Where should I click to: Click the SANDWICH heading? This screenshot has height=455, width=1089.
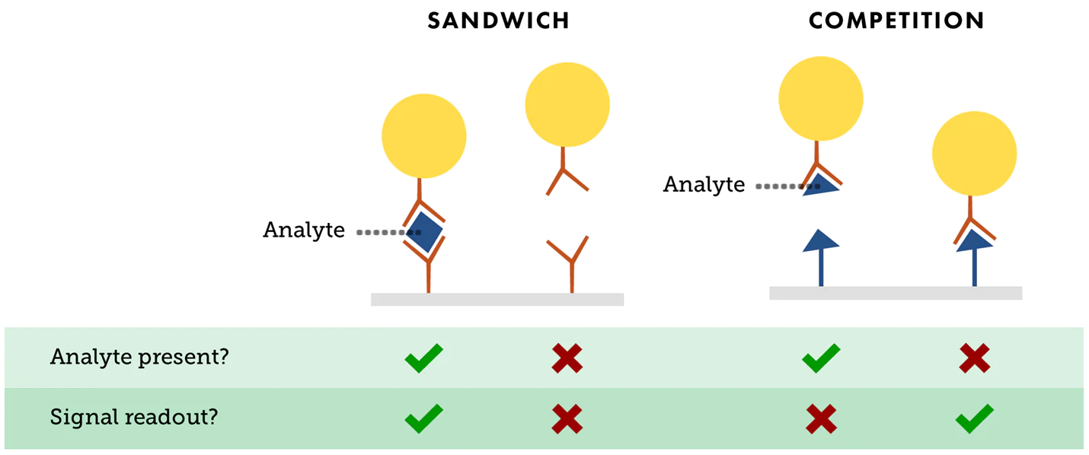[498, 21]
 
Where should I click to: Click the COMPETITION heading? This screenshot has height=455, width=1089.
[896, 21]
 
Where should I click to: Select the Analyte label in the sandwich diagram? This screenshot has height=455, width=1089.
[304, 230]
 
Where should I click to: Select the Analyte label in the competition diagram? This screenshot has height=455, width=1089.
[704, 185]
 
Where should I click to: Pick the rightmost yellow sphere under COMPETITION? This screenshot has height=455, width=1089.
[974, 153]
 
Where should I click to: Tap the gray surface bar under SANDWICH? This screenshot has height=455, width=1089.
[497, 299]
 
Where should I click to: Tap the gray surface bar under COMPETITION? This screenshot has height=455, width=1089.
[895, 293]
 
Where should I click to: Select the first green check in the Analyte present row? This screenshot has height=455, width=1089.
[423, 357]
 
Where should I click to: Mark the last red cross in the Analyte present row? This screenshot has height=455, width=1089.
[974, 358]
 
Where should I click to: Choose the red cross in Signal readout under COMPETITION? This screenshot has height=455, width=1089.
[821, 418]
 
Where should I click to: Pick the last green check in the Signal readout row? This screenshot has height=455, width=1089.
[974, 418]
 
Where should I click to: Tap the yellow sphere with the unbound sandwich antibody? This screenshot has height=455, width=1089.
[567, 104]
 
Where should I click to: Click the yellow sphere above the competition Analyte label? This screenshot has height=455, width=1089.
[820, 98]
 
